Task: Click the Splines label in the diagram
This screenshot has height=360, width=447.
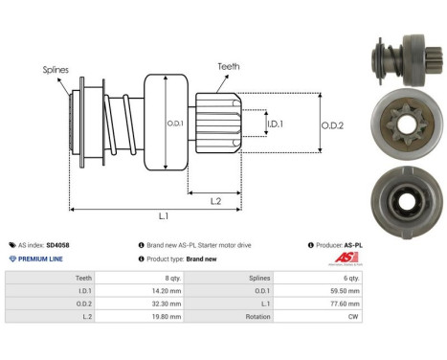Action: click(x=55, y=70)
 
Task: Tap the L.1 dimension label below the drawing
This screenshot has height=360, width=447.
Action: click(x=164, y=218)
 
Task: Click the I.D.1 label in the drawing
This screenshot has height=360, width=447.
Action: click(x=274, y=124)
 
